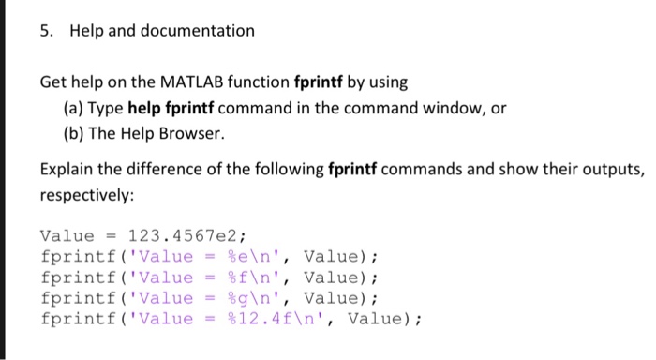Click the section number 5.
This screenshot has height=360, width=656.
47,31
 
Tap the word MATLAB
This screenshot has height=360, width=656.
192,82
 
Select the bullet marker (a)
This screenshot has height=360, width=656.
73,109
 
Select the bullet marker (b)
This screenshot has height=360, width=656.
74,133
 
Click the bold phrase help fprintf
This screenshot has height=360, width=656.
171,109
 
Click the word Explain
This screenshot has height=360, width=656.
67,170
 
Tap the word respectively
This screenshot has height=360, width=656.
87,195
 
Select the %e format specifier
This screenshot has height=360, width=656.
238,257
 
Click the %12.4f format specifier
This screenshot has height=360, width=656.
260,319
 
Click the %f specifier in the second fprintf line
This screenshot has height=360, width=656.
238,277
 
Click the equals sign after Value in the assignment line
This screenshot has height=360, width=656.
111,236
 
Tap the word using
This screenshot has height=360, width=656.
389,82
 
